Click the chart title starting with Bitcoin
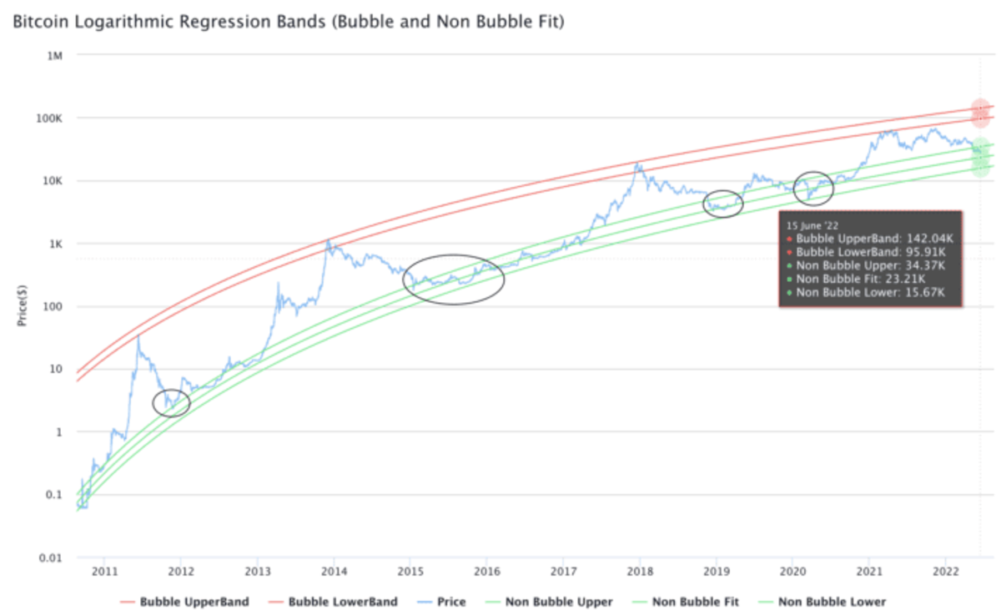coord(288,22)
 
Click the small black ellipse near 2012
coord(172,403)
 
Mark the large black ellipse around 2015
coord(454,279)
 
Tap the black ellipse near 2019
coord(723,203)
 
